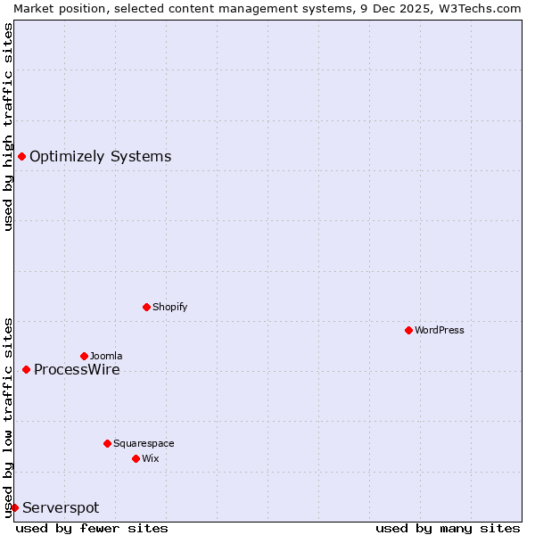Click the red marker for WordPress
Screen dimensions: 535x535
tap(408, 330)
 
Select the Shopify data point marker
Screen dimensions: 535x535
tap(146, 307)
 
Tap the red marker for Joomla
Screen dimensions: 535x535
tap(84, 356)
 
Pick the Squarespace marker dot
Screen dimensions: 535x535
tap(107, 443)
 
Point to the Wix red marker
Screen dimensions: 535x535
tap(136, 458)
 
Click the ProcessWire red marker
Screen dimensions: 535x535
tap(26, 369)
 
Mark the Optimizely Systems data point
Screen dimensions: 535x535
tap(21, 157)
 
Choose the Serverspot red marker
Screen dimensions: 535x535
tap(14, 507)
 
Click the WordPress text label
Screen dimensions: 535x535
tap(440, 330)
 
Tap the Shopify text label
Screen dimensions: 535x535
tap(170, 307)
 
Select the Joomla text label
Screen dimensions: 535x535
tap(106, 356)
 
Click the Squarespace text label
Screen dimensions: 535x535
tap(144, 443)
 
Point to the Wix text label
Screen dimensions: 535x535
tap(151, 458)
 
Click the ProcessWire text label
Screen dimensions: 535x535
tap(77, 369)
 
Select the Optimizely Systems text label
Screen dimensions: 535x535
tap(101, 157)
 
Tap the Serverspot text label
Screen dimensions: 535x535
tap(61, 507)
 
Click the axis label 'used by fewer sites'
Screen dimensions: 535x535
tap(92, 528)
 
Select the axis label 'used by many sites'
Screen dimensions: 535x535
tap(448, 528)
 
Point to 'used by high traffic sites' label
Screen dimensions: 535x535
tap(8, 127)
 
